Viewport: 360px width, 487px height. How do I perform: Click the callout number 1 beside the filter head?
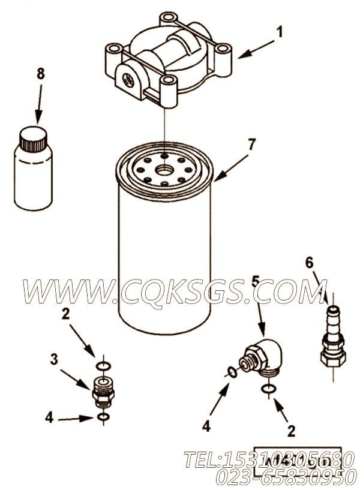[279, 31]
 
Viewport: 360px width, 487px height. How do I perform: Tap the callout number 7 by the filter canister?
[251, 144]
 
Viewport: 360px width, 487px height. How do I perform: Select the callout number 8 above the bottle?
[40, 74]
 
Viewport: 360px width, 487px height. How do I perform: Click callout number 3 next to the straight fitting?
[54, 359]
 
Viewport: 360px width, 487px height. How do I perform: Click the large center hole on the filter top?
[164, 171]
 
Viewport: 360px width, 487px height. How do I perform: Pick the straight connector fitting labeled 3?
[103, 390]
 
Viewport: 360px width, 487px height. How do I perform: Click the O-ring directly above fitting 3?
[103, 365]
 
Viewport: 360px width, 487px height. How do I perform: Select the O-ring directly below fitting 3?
[103, 417]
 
